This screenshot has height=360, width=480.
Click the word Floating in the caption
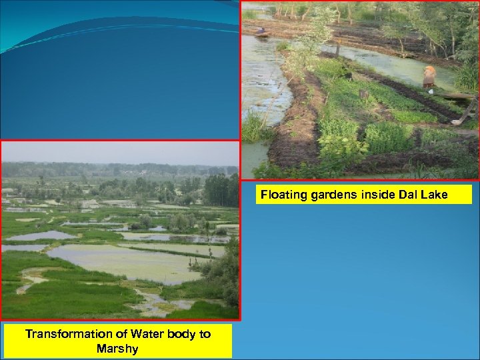281,195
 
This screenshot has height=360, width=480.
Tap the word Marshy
117,348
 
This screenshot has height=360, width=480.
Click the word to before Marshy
205,334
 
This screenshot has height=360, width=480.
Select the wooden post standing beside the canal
338,48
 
